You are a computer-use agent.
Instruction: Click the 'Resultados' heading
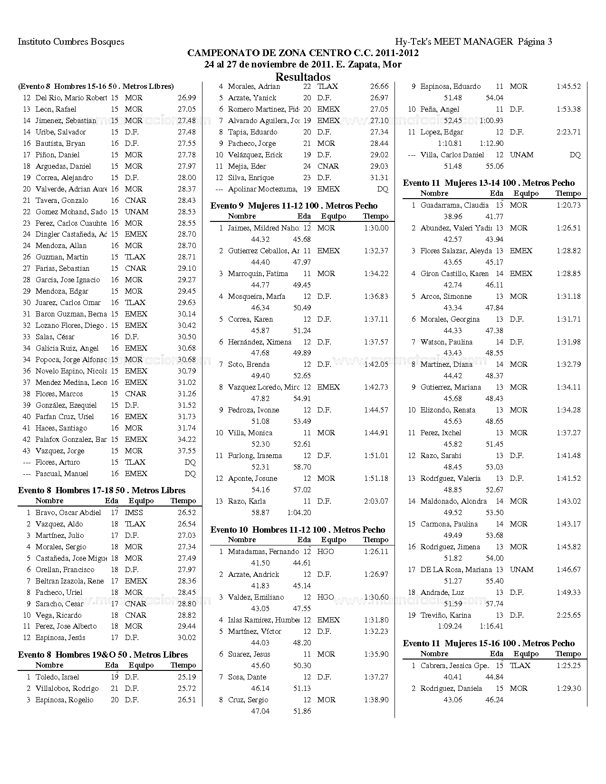pos(303,76)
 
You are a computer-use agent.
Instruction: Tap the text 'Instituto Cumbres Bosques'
pos(71,42)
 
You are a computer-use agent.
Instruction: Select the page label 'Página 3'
pos(535,42)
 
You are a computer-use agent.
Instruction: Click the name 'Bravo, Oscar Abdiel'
pos(68,513)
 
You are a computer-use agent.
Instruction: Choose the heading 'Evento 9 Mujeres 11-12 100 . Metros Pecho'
pos(294,206)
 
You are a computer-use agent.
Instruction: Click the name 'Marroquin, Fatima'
pos(258,274)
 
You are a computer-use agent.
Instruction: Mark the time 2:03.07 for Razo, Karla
pos(376,501)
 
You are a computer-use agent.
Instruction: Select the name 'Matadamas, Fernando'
pos(263,552)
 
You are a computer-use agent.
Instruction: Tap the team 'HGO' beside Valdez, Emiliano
pos(326,597)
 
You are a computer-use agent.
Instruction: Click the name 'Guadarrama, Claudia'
pos(454,205)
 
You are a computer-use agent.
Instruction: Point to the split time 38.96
pos(453,217)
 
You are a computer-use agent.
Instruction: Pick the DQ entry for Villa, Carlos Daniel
pos(575,155)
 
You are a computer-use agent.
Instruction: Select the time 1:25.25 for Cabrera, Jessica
pos(568,666)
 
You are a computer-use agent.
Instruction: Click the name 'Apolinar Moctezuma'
pos(262,189)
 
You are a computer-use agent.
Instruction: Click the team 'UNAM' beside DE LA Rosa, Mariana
pos(521,570)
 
